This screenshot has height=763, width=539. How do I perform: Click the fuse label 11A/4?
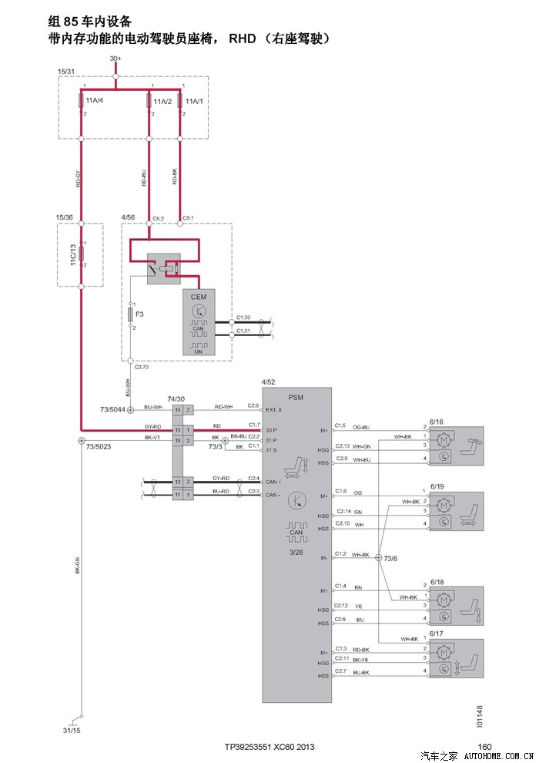coord(95,101)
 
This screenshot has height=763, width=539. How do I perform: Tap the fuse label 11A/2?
coord(162,101)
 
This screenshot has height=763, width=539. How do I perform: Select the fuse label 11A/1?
coord(194,101)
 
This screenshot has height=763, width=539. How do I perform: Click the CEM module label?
coord(199,297)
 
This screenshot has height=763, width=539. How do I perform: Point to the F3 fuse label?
coord(140,314)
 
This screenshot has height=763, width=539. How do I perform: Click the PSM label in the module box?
coord(296,397)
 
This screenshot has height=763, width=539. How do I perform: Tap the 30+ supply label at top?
coord(115,59)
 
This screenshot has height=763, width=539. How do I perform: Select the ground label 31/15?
coord(71,729)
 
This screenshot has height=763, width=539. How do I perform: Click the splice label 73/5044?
coord(114,409)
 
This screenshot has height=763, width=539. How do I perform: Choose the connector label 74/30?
coord(176,398)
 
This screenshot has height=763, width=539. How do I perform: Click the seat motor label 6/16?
coord(437,422)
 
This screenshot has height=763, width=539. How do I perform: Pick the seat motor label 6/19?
coord(437,487)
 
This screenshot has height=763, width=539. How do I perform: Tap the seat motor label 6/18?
coord(437,582)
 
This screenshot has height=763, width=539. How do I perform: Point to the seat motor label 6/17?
coord(437,634)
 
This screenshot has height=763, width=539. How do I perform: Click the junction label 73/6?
coord(390,559)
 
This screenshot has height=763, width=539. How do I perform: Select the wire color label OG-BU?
coord(362,427)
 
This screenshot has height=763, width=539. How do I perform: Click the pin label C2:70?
coord(141,367)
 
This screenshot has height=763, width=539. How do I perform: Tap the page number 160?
coord(484,746)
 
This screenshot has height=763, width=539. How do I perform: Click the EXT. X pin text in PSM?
coord(273,409)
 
